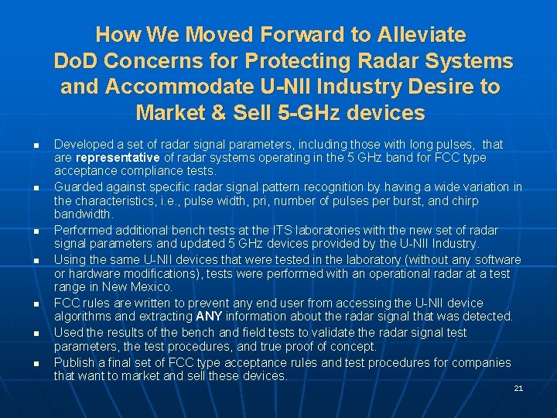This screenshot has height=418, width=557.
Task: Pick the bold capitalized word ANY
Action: [x=209, y=317]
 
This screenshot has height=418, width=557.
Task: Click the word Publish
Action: [x=76, y=363]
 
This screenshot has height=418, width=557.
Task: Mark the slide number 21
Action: [x=518, y=388]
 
